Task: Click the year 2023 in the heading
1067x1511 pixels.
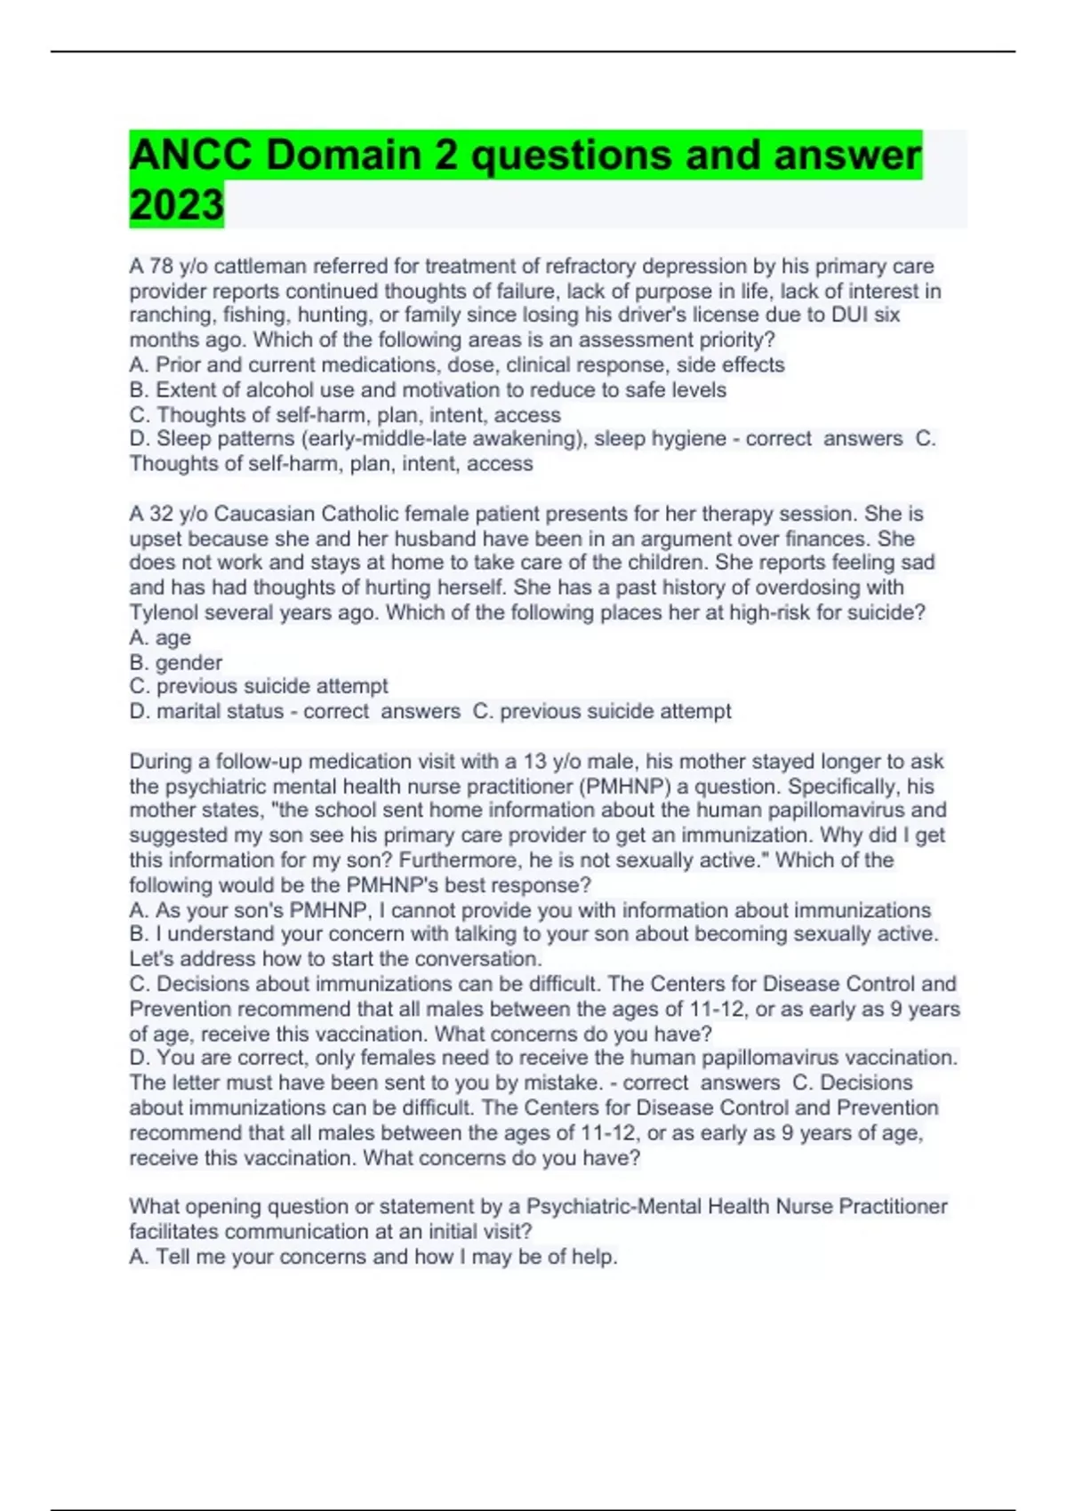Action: click(x=176, y=205)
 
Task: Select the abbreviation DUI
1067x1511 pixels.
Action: click(x=851, y=316)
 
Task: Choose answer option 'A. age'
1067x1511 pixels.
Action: click(x=160, y=637)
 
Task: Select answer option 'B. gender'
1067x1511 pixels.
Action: click(x=176, y=662)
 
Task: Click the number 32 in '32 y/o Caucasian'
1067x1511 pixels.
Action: click(x=162, y=514)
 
